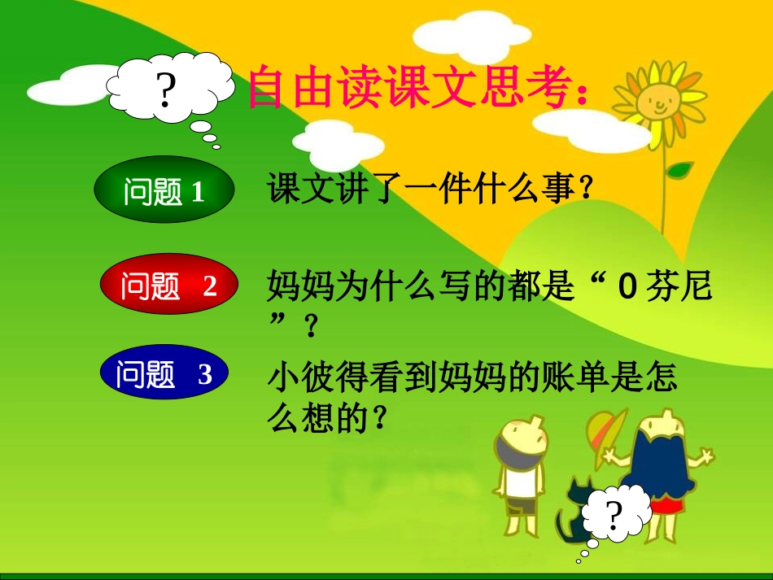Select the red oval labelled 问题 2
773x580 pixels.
click(x=168, y=286)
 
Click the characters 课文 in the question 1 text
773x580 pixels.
click(x=293, y=190)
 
